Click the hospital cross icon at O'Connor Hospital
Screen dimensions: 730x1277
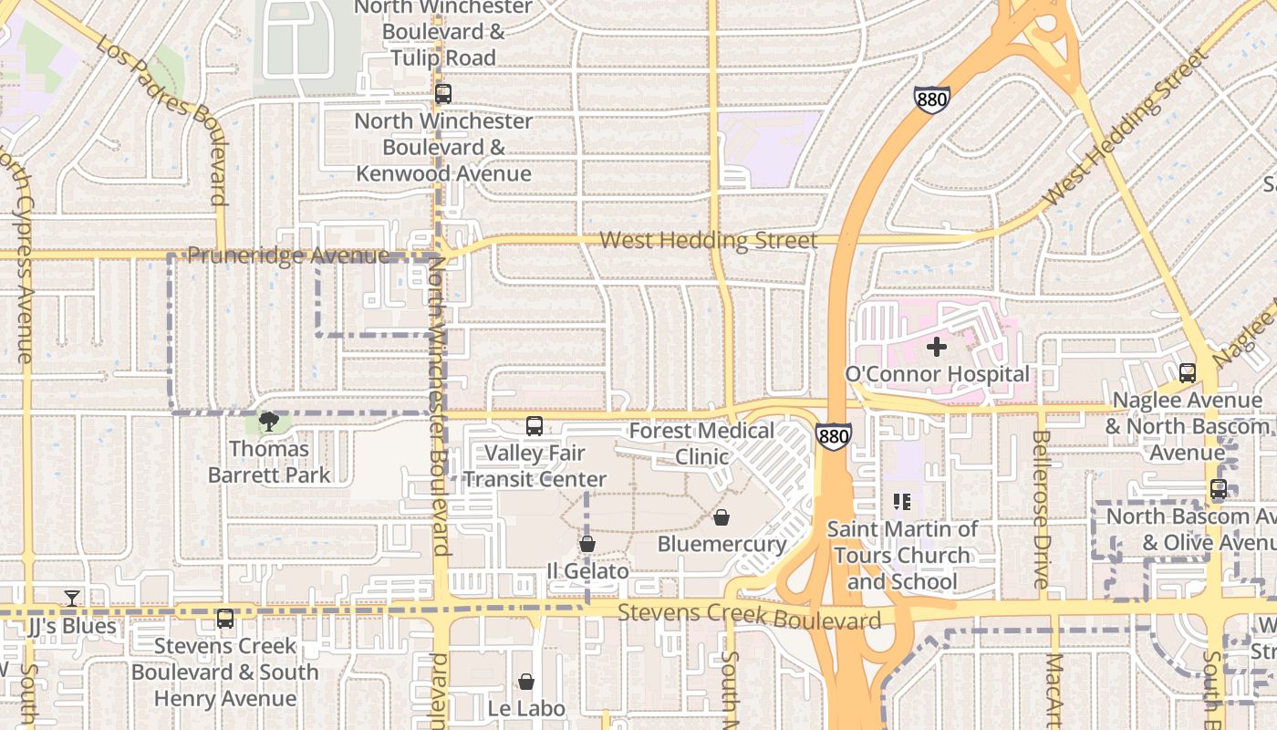(x=936, y=347)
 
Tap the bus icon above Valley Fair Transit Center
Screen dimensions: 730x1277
(x=535, y=426)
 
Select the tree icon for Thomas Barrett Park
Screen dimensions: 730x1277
(x=268, y=422)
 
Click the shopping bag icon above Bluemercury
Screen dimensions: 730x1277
(x=722, y=518)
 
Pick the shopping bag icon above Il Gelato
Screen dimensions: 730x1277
(x=587, y=545)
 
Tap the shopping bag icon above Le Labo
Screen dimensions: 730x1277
(x=526, y=682)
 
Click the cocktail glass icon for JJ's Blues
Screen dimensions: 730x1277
(x=72, y=599)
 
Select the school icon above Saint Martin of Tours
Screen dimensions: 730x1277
(x=902, y=501)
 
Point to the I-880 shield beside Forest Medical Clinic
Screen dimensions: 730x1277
(x=834, y=437)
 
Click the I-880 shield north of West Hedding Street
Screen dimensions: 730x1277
(x=931, y=99)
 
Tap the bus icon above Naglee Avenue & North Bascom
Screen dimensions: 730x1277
(x=1187, y=373)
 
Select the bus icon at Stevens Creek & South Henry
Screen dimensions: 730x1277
(x=225, y=619)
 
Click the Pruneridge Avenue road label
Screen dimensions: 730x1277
(x=288, y=256)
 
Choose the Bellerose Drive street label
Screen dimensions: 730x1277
(x=1041, y=508)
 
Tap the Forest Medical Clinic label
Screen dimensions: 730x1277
(x=701, y=443)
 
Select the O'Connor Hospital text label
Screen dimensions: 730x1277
(x=937, y=374)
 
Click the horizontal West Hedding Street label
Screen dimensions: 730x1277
(x=708, y=241)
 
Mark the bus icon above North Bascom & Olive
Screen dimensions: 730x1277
(x=1219, y=490)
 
